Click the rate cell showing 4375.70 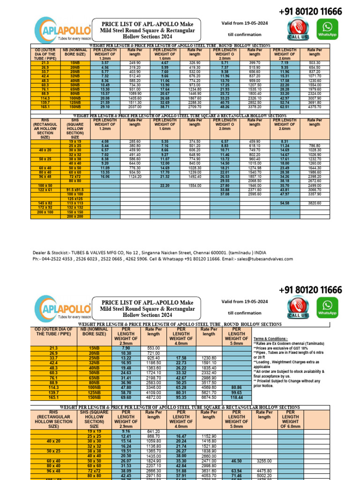point(315,107)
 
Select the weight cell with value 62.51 point(285,107)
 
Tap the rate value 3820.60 point(315,203)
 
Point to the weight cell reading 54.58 point(285,203)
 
